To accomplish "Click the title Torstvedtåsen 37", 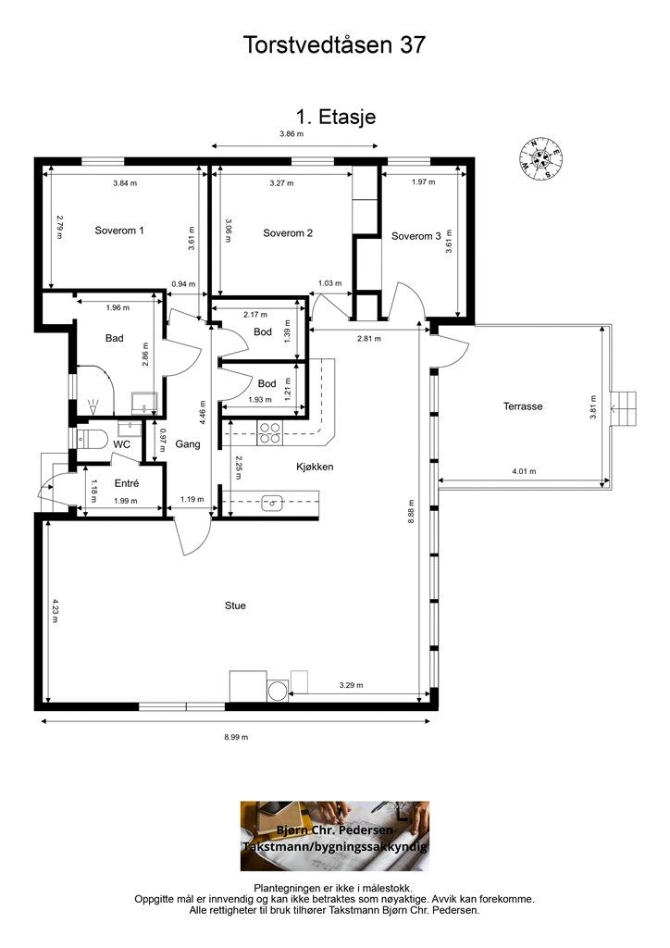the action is click(334, 44).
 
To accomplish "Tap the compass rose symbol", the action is click(540, 159).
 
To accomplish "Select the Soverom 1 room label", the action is click(119, 231).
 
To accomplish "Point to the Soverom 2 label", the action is click(288, 232).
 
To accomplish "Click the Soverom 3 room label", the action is click(416, 236).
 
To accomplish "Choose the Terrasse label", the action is click(523, 406).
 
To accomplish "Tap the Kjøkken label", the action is click(315, 467).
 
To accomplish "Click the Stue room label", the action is click(235, 605).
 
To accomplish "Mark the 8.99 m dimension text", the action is click(236, 737).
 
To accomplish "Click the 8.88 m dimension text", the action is click(411, 511).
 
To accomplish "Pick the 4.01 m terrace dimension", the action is click(524, 471).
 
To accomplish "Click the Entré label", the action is click(127, 483).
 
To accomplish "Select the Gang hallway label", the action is click(188, 444).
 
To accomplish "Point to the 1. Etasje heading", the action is click(335, 117).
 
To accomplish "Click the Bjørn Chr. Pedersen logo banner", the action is click(335, 836).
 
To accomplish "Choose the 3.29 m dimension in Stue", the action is click(351, 685).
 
